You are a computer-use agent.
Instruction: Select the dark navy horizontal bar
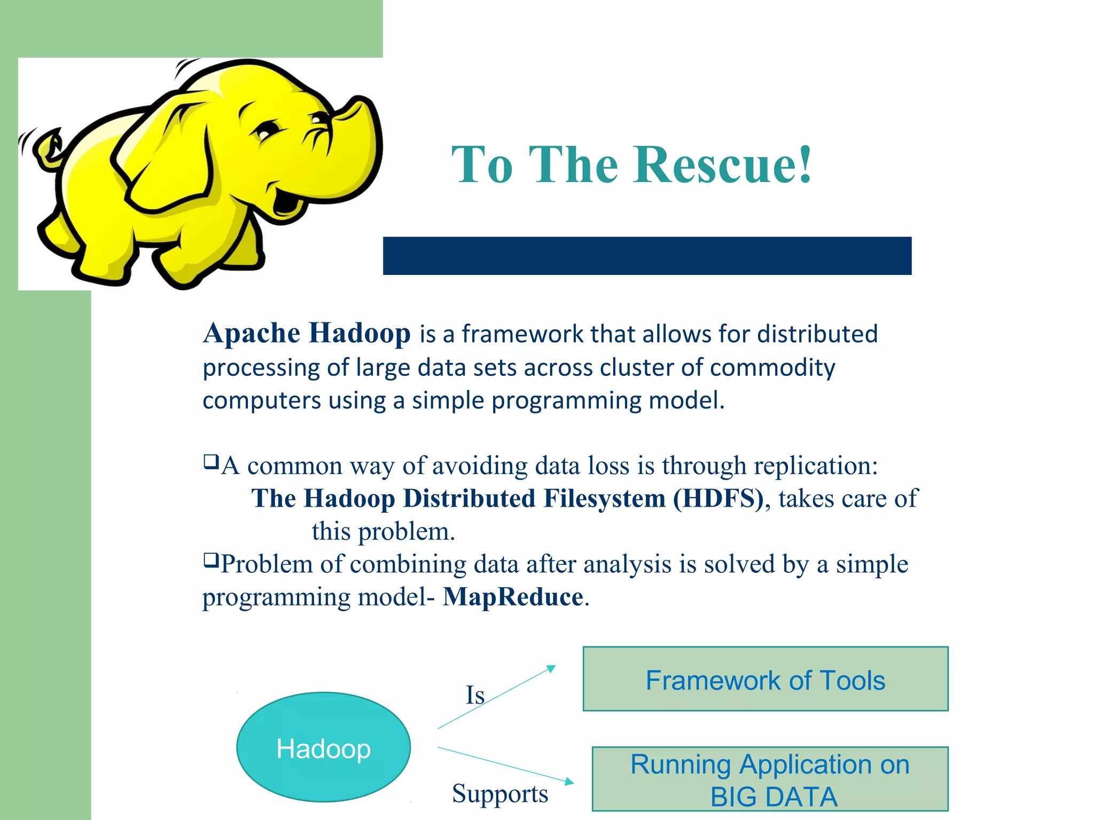point(647,256)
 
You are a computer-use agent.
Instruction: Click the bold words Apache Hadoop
point(307,333)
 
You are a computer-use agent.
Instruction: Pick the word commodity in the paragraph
point(772,368)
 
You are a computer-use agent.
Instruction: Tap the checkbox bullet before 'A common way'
point(211,461)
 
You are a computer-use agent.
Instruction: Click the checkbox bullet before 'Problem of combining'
point(211,560)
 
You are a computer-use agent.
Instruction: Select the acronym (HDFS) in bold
point(718,499)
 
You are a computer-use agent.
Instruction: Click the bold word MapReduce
point(513,597)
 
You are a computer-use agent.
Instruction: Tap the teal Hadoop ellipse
point(323,747)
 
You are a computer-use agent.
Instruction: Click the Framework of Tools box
point(765,679)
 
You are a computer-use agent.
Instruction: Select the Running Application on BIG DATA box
point(770,779)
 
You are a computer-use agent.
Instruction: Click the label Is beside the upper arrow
point(475,695)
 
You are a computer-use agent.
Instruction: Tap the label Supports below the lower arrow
point(499,793)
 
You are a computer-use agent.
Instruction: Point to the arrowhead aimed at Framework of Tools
point(551,668)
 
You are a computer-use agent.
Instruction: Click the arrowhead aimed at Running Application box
point(569,782)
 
